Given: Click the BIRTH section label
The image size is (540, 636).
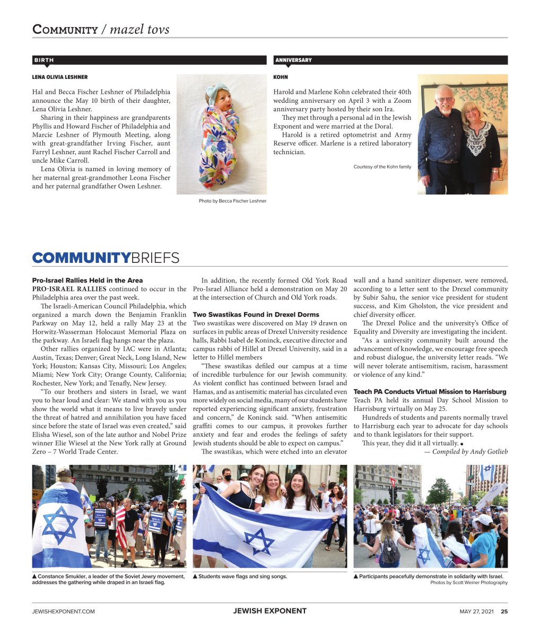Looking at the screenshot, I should pos(44,60).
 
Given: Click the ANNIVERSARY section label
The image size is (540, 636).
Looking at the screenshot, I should pos(293,60).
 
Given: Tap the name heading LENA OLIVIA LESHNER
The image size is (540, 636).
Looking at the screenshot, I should pos(60,77).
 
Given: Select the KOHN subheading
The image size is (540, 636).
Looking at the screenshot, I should pos(281,77).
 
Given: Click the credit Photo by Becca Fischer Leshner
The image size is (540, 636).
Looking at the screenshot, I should pos(232,201).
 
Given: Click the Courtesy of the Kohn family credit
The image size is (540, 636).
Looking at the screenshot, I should pos(382,167).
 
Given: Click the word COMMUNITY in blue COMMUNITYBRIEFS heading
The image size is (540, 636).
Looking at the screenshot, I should pos(81,258).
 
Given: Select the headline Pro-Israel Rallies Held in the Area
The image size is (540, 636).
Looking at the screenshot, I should pos(87,280).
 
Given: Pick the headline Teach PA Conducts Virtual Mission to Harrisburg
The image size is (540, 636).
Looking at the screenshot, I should pos(430,392).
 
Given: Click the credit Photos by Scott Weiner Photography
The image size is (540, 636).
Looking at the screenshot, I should pos(468,582).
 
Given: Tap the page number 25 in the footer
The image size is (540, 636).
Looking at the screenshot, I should pos(504,611).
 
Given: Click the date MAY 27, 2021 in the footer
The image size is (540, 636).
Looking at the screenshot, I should pos(476,611).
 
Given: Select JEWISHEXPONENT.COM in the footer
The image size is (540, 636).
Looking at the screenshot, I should pos(63,611).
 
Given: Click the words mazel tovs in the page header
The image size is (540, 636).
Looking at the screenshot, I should pos(140,29).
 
